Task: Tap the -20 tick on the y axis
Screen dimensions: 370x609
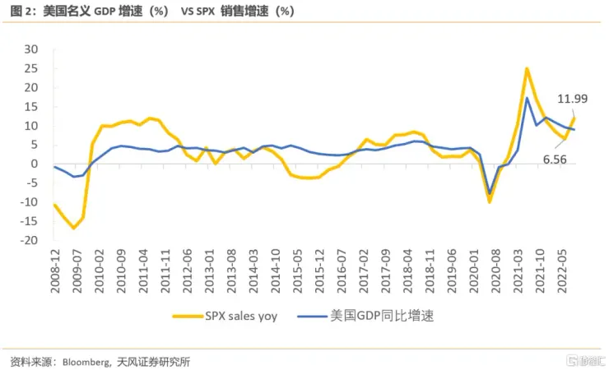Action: [30, 240]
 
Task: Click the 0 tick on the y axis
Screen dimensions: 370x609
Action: [35, 164]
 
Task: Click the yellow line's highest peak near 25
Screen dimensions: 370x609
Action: [527, 68]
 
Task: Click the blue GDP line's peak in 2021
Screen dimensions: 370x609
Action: [527, 99]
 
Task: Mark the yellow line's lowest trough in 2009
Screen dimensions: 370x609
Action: [74, 228]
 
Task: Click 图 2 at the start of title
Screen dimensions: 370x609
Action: [18, 12]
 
